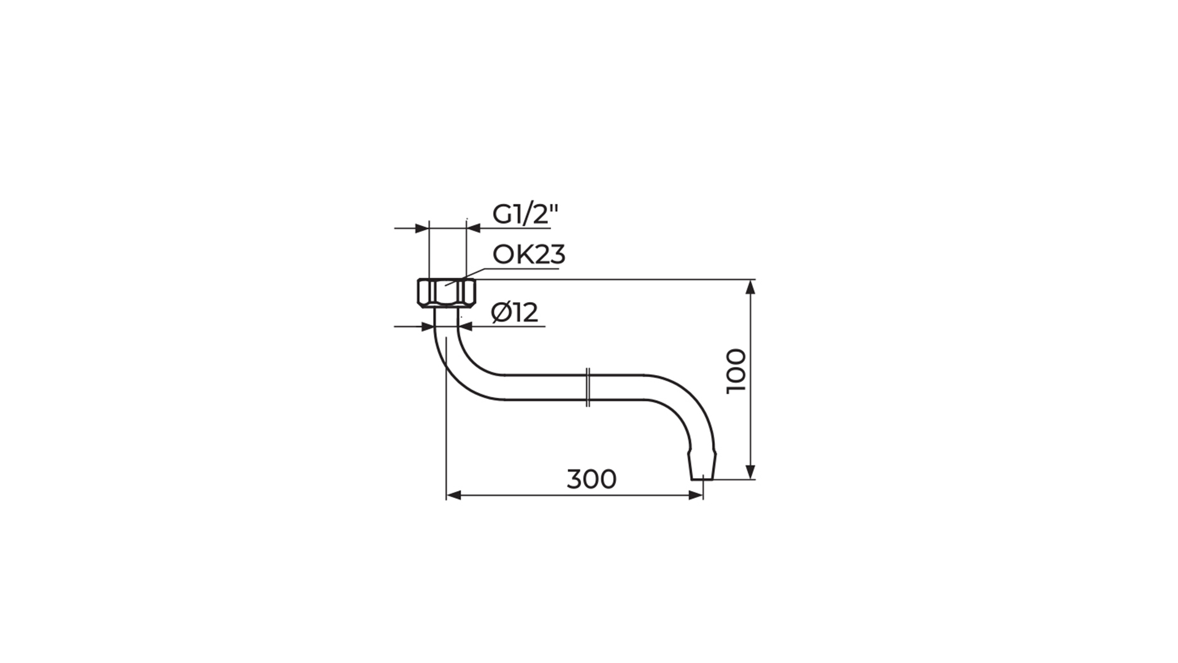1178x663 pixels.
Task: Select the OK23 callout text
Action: pos(529,254)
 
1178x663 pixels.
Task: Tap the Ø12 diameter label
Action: pos(515,313)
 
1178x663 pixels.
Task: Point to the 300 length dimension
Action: pos(591,479)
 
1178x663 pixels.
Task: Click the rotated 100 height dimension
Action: pos(736,371)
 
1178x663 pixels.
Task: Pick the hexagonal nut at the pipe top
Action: pos(446,293)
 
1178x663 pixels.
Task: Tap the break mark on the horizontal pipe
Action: pos(588,387)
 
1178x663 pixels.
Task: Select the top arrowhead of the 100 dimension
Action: pos(750,287)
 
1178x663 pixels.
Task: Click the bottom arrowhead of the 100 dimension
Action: pos(750,471)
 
